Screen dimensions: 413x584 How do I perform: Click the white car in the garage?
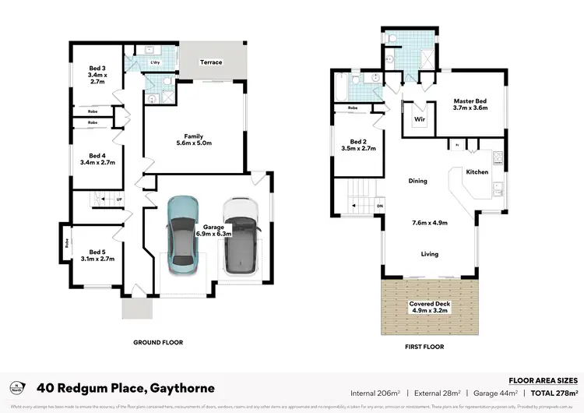point(239,237)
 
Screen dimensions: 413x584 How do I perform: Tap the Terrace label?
point(211,62)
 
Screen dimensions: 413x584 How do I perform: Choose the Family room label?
point(193,139)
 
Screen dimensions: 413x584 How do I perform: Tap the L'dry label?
point(154,62)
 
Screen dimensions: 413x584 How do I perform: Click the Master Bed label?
point(470,104)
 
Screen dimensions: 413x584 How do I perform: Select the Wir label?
point(419,120)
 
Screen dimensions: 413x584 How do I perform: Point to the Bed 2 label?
point(358,144)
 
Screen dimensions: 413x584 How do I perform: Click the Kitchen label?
point(477,171)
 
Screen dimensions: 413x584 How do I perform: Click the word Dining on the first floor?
point(417,182)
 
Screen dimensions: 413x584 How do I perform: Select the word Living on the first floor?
point(430,254)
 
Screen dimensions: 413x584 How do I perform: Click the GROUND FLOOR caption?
point(158,342)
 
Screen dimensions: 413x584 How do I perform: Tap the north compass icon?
point(17,387)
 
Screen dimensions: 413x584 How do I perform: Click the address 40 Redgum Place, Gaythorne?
point(126,388)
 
